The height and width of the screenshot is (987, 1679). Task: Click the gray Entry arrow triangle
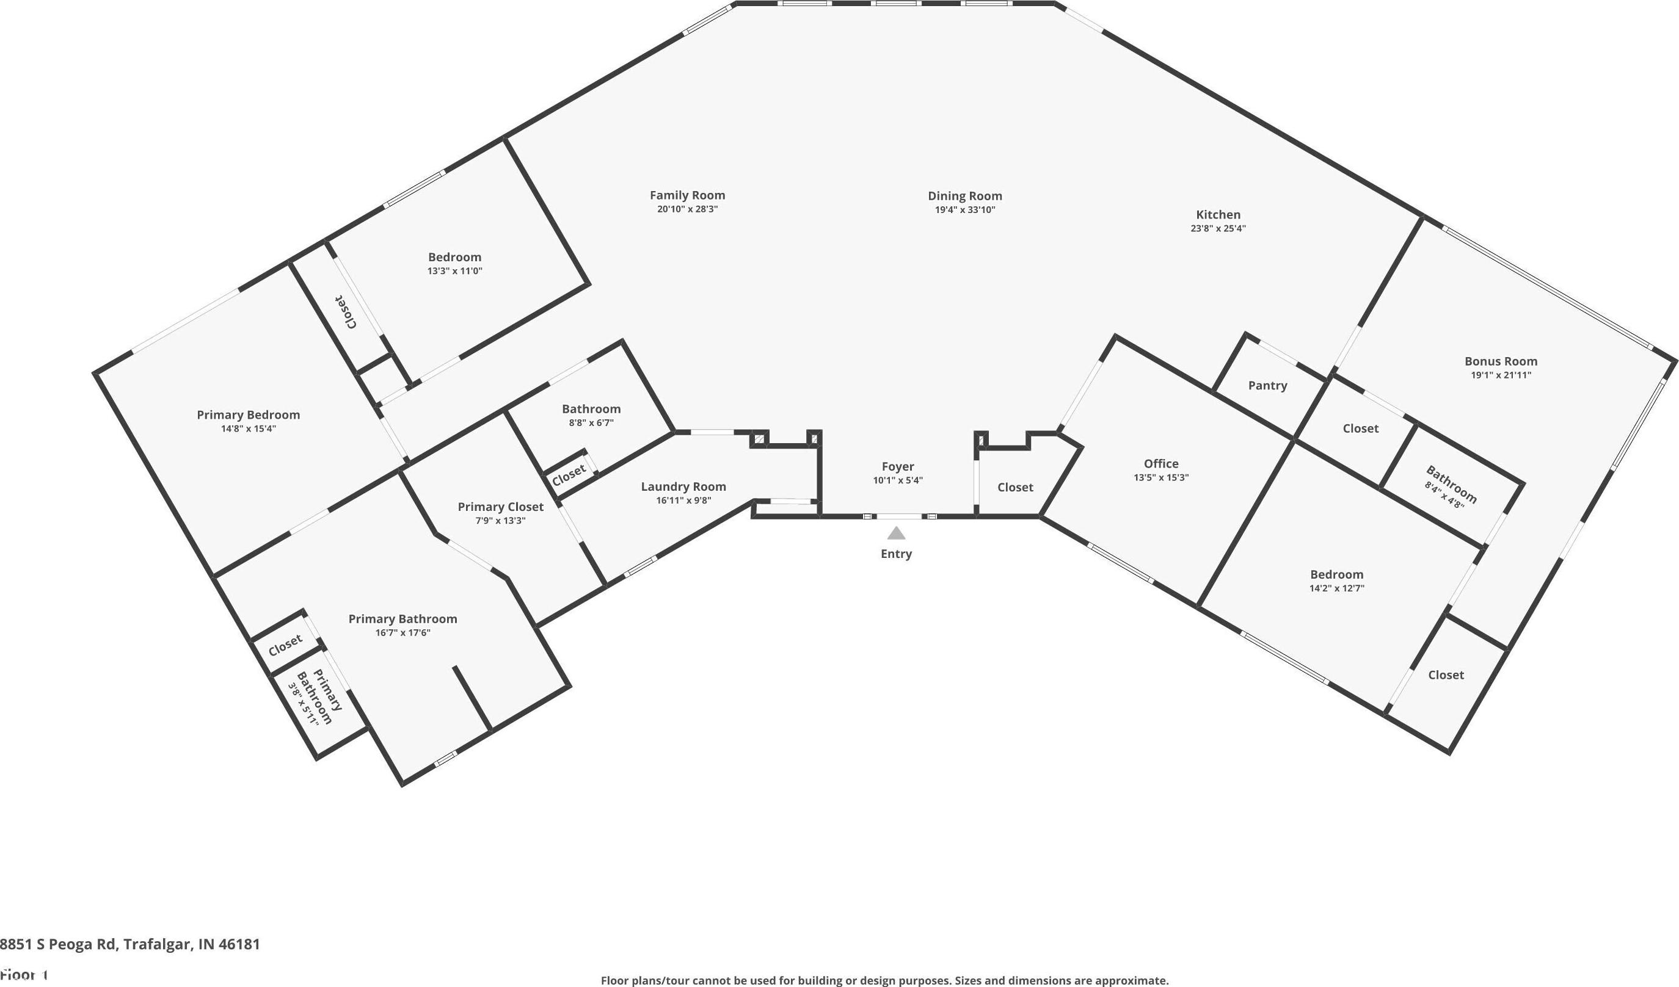[x=896, y=533]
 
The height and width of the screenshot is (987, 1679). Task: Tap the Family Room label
[x=687, y=195]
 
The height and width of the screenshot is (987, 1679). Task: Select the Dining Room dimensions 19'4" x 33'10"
[x=965, y=210]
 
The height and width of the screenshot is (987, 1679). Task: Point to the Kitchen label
[x=1218, y=214]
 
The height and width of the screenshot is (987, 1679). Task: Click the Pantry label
[x=1267, y=386]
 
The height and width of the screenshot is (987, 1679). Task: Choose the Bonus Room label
[x=1501, y=361]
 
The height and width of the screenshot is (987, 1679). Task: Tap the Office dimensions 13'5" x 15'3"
[x=1160, y=477]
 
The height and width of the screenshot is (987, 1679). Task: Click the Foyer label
[x=897, y=467]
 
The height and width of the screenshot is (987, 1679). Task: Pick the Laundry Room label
[x=683, y=487]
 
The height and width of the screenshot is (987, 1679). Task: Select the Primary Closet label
[x=500, y=507]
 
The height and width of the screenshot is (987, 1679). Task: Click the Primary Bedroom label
[x=248, y=415]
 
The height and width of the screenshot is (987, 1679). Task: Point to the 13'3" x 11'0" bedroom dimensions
[x=454, y=271]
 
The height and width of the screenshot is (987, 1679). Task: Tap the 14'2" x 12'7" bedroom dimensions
[x=1336, y=588]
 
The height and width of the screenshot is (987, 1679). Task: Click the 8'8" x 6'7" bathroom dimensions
[x=591, y=423]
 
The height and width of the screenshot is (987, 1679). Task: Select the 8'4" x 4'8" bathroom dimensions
[x=1444, y=496]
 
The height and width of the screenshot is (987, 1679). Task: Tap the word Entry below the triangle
[x=896, y=554]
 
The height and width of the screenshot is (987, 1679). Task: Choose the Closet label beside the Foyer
[x=1014, y=488]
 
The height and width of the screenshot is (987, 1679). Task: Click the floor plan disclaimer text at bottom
[x=885, y=980]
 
